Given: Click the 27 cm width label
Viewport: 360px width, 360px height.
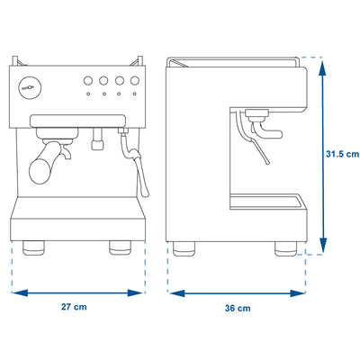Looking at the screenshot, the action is click(x=74, y=307).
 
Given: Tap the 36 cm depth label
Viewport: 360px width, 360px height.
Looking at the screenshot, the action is click(x=238, y=308).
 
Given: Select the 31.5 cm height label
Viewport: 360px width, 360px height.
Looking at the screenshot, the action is click(x=343, y=154).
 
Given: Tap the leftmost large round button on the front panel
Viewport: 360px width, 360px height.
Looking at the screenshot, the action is click(x=88, y=80).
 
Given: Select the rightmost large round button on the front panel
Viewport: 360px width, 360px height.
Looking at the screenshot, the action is click(x=135, y=80).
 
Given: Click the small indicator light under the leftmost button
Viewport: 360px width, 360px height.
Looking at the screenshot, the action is click(x=88, y=94).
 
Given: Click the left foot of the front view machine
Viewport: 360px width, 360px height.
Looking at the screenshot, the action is click(x=33, y=248).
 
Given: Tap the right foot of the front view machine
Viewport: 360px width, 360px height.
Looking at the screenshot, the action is click(x=120, y=248).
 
